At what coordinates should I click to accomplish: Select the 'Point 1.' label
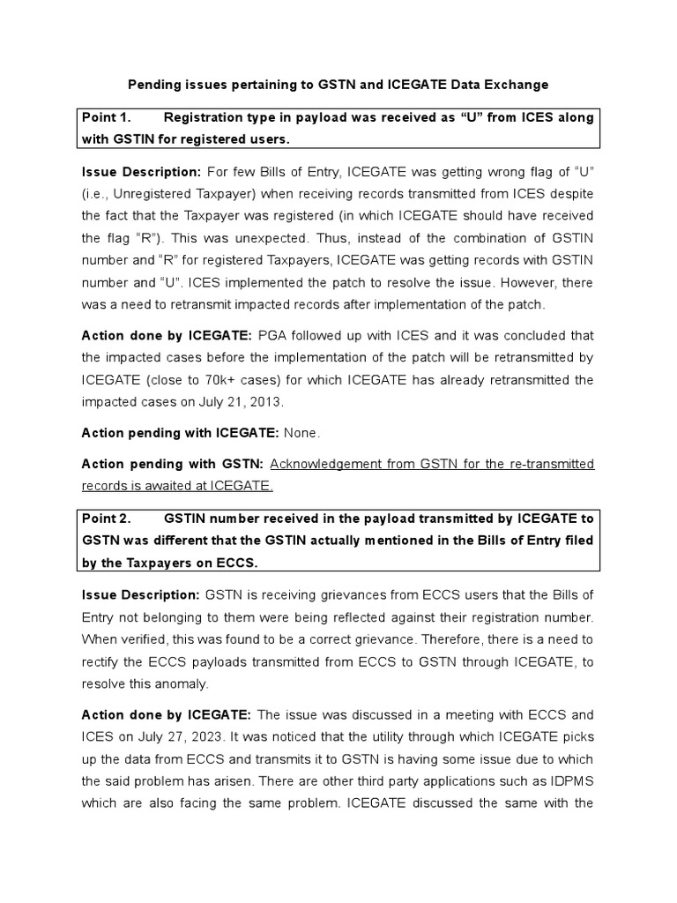coord(106,117)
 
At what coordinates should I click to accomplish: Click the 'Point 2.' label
coord(106,518)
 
